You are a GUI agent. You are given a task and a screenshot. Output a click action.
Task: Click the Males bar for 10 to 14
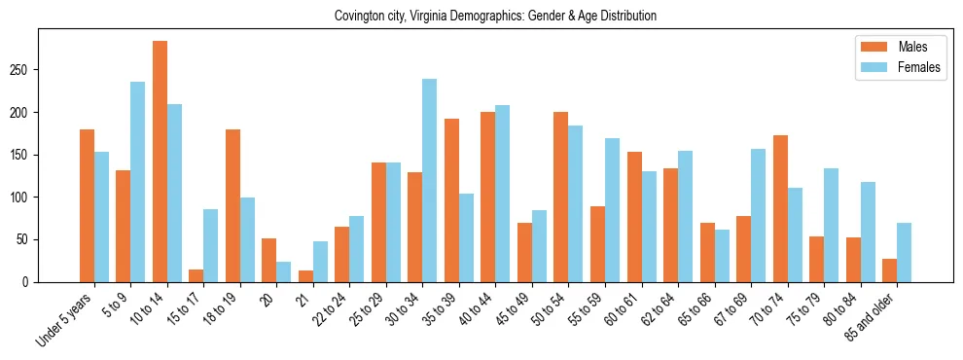coord(160,162)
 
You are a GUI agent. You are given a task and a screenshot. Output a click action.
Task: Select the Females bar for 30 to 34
coord(429,180)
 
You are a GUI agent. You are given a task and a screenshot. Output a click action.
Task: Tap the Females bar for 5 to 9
coord(137,182)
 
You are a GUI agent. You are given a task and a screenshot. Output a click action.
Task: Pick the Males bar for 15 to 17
coord(196,275)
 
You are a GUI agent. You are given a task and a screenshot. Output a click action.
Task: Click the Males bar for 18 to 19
coord(232,205)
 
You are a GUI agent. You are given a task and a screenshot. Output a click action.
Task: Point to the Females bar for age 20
coord(283,271)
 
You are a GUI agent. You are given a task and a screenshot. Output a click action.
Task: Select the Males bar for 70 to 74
coord(780,208)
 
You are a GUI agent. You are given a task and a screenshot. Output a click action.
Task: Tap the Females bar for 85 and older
coord(904,252)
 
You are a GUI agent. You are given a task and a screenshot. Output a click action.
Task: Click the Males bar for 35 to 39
coord(451,200)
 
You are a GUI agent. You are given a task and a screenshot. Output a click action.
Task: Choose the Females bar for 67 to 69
coord(758,215)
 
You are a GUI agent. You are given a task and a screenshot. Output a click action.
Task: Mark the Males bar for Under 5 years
coord(87,205)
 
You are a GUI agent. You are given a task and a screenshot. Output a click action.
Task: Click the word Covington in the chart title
coord(358,17)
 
